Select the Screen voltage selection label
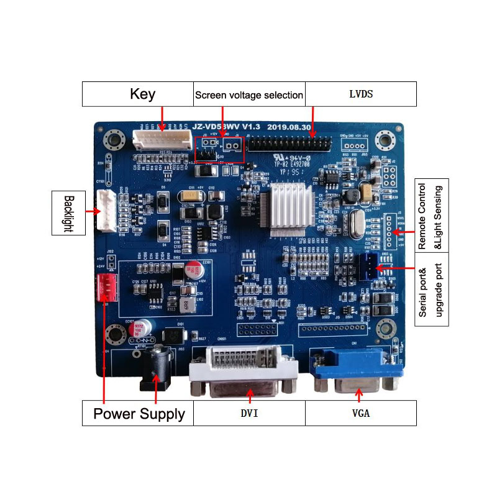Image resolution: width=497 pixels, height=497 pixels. point(249,95)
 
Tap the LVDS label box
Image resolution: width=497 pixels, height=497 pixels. point(360,94)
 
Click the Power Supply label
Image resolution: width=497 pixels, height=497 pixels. point(139,413)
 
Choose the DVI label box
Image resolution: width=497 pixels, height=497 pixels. point(249,413)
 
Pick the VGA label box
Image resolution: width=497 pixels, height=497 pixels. point(360,413)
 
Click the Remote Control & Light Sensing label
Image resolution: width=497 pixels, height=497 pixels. point(431,216)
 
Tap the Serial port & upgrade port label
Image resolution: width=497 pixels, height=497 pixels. point(431,293)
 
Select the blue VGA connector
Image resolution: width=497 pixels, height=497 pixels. point(357,372)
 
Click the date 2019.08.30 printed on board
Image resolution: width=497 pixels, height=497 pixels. point(288,127)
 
